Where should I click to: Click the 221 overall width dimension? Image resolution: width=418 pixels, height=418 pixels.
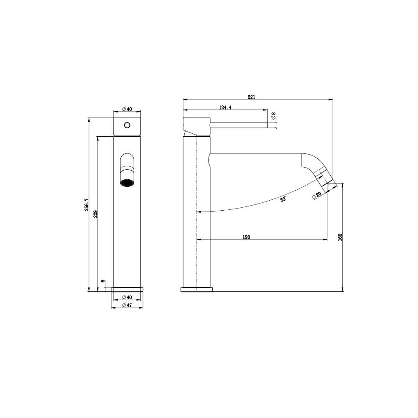click(x=251, y=97)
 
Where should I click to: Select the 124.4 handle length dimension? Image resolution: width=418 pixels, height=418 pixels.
click(x=225, y=107)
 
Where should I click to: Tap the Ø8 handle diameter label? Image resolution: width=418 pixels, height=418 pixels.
click(x=273, y=116)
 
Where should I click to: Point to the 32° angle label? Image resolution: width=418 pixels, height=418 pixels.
click(x=283, y=199)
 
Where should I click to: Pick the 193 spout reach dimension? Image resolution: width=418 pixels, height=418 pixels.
click(x=246, y=237)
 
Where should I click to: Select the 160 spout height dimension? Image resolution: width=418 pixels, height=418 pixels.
click(x=339, y=237)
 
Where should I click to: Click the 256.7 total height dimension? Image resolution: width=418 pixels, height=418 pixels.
click(x=87, y=205)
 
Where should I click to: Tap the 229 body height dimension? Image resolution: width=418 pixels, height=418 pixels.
click(x=95, y=214)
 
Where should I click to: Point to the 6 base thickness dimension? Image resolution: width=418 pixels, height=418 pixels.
click(x=103, y=281)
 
